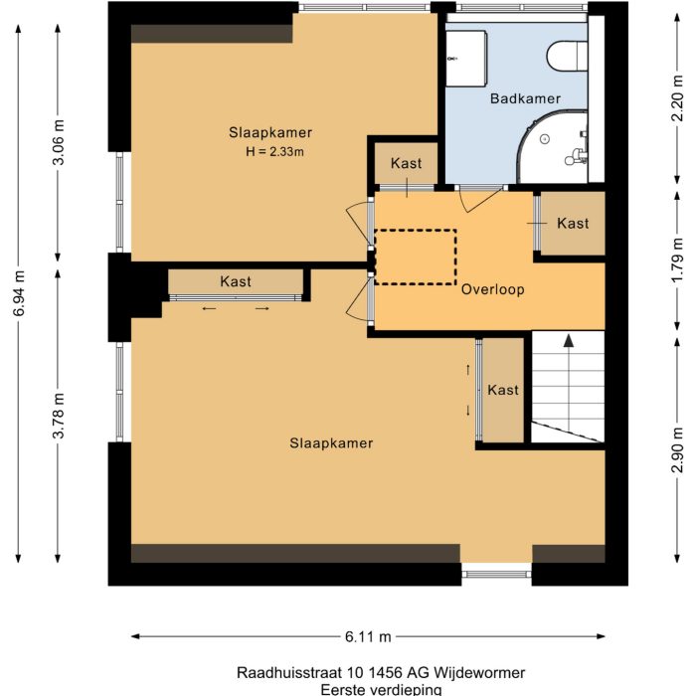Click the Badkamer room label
pos(525,98)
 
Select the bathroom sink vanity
pos(465,58)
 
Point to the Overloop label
pos(492,289)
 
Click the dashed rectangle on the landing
pos(415,258)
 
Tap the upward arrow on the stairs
pos(568,342)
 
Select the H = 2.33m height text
pos(273,152)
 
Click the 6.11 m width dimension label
pos(368,636)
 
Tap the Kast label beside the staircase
pos(502,391)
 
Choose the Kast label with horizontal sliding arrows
pos(236,281)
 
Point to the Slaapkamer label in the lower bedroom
pos(331,442)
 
